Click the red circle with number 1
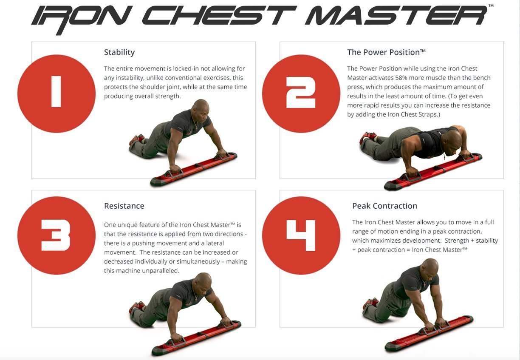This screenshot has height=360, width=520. (57, 94)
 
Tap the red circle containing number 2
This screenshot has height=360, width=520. (301, 94)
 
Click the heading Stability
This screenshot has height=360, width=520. (119, 52)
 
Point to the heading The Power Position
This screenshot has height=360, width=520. (386, 52)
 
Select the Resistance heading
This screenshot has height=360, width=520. (124, 206)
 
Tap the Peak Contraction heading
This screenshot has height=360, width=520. (384, 206)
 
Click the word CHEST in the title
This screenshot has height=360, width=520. (219, 16)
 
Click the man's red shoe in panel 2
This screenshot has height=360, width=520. (368, 136)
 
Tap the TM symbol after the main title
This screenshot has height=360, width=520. (491, 6)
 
